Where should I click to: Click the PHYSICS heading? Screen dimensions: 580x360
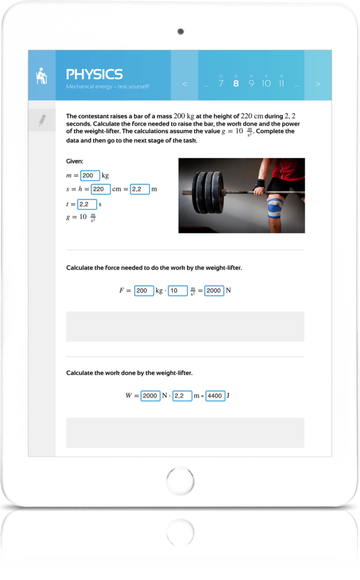point(94,74)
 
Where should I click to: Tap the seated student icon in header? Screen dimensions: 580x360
point(41,75)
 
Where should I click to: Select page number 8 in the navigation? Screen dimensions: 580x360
point(235,83)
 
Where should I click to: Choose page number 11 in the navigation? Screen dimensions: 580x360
point(281,83)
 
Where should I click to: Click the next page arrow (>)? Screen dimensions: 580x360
point(318,84)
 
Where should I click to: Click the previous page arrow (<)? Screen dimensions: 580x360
point(184,84)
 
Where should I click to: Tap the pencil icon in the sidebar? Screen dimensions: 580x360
point(42,120)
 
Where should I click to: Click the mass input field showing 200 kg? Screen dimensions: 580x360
point(90,176)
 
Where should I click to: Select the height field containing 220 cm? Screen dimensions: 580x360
point(100,189)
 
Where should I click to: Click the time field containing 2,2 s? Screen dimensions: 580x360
point(87,204)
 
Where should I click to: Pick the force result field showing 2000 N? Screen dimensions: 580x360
point(214,291)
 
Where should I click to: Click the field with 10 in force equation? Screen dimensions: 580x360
point(178,291)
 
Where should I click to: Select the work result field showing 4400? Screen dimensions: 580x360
point(215,396)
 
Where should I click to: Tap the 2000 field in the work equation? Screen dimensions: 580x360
point(150,396)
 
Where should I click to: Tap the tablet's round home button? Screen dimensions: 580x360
point(180,481)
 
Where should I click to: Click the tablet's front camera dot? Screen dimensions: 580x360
point(180,31)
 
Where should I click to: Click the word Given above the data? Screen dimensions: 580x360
point(75,162)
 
